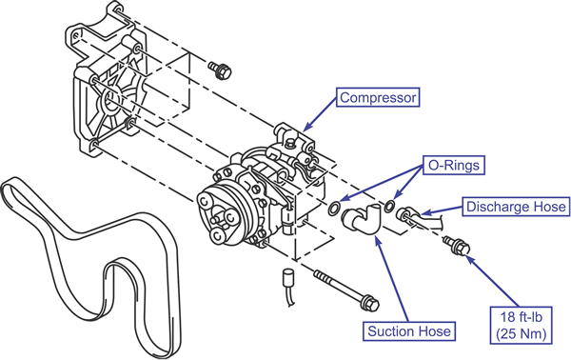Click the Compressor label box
click(x=378, y=97)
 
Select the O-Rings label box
click(x=454, y=166)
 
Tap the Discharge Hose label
click(x=516, y=207)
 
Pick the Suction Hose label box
click(x=409, y=331)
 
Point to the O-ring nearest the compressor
click(x=334, y=208)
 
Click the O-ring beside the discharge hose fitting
click(x=389, y=206)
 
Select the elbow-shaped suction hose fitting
click(x=361, y=218)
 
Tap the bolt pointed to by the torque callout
click(x=457, y=245)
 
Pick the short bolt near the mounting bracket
click(x=220, y=70)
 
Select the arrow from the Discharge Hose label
click(x=442, y=210)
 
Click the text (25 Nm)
click(x=522, y=333)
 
